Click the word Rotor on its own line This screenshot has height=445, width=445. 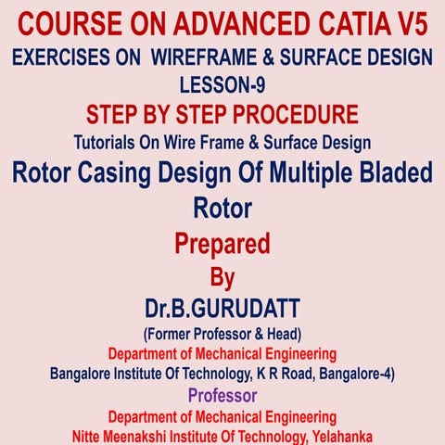[222, 208]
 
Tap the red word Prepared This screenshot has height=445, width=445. [222, 243]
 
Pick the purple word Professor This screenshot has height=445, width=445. [222, 396]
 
